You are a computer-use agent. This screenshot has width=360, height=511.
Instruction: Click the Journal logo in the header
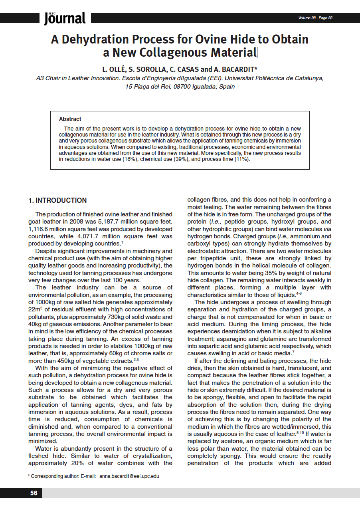(65, 18)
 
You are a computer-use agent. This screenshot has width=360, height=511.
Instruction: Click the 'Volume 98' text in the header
(307, 18)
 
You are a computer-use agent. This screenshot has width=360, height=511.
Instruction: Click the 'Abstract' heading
(70, 119)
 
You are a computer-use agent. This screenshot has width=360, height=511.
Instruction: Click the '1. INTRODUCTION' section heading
(57, 200)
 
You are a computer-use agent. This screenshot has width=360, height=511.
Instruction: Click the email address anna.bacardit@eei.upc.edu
(129, 476)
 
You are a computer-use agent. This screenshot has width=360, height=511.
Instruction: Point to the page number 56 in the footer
(34, 493)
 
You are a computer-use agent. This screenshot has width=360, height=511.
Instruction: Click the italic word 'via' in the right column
(326, 229)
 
